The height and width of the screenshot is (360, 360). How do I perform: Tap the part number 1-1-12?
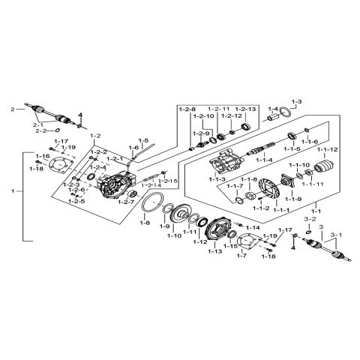click(x=327, y=149)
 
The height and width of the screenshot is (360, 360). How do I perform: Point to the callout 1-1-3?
click(x=220, y=181)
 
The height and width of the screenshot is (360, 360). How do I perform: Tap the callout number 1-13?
click(x=215, y=252)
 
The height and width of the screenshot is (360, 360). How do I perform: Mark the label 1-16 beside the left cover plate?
click(x=42, y=156)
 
